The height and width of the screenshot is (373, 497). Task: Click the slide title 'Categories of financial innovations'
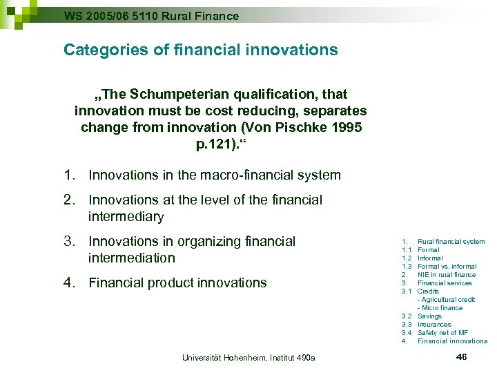point(200,50)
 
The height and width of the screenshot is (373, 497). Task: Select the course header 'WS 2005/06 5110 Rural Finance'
point(151,15)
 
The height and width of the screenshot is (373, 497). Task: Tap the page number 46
point(462,356)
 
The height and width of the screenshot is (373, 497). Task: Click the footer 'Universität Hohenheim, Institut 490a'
point(248,357)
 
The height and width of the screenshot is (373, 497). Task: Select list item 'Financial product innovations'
point(177,283)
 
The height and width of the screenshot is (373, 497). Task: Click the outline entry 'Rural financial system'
point(451,242)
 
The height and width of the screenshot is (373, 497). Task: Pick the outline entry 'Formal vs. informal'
point(447,267)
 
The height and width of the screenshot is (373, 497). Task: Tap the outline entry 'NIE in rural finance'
point(447,275)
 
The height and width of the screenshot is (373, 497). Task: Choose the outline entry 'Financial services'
point(445,283)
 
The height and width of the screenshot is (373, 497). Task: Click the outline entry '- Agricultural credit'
point(446,300)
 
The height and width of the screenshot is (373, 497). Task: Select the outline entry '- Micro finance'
point(440,308)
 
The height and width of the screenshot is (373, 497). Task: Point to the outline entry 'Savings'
point(429,316)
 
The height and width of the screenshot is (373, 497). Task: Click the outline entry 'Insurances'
point(434,325)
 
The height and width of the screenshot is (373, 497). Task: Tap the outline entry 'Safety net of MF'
point(442,333)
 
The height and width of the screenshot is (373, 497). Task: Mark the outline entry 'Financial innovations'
point(452,341)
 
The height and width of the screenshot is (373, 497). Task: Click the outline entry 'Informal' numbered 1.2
point(430,258)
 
